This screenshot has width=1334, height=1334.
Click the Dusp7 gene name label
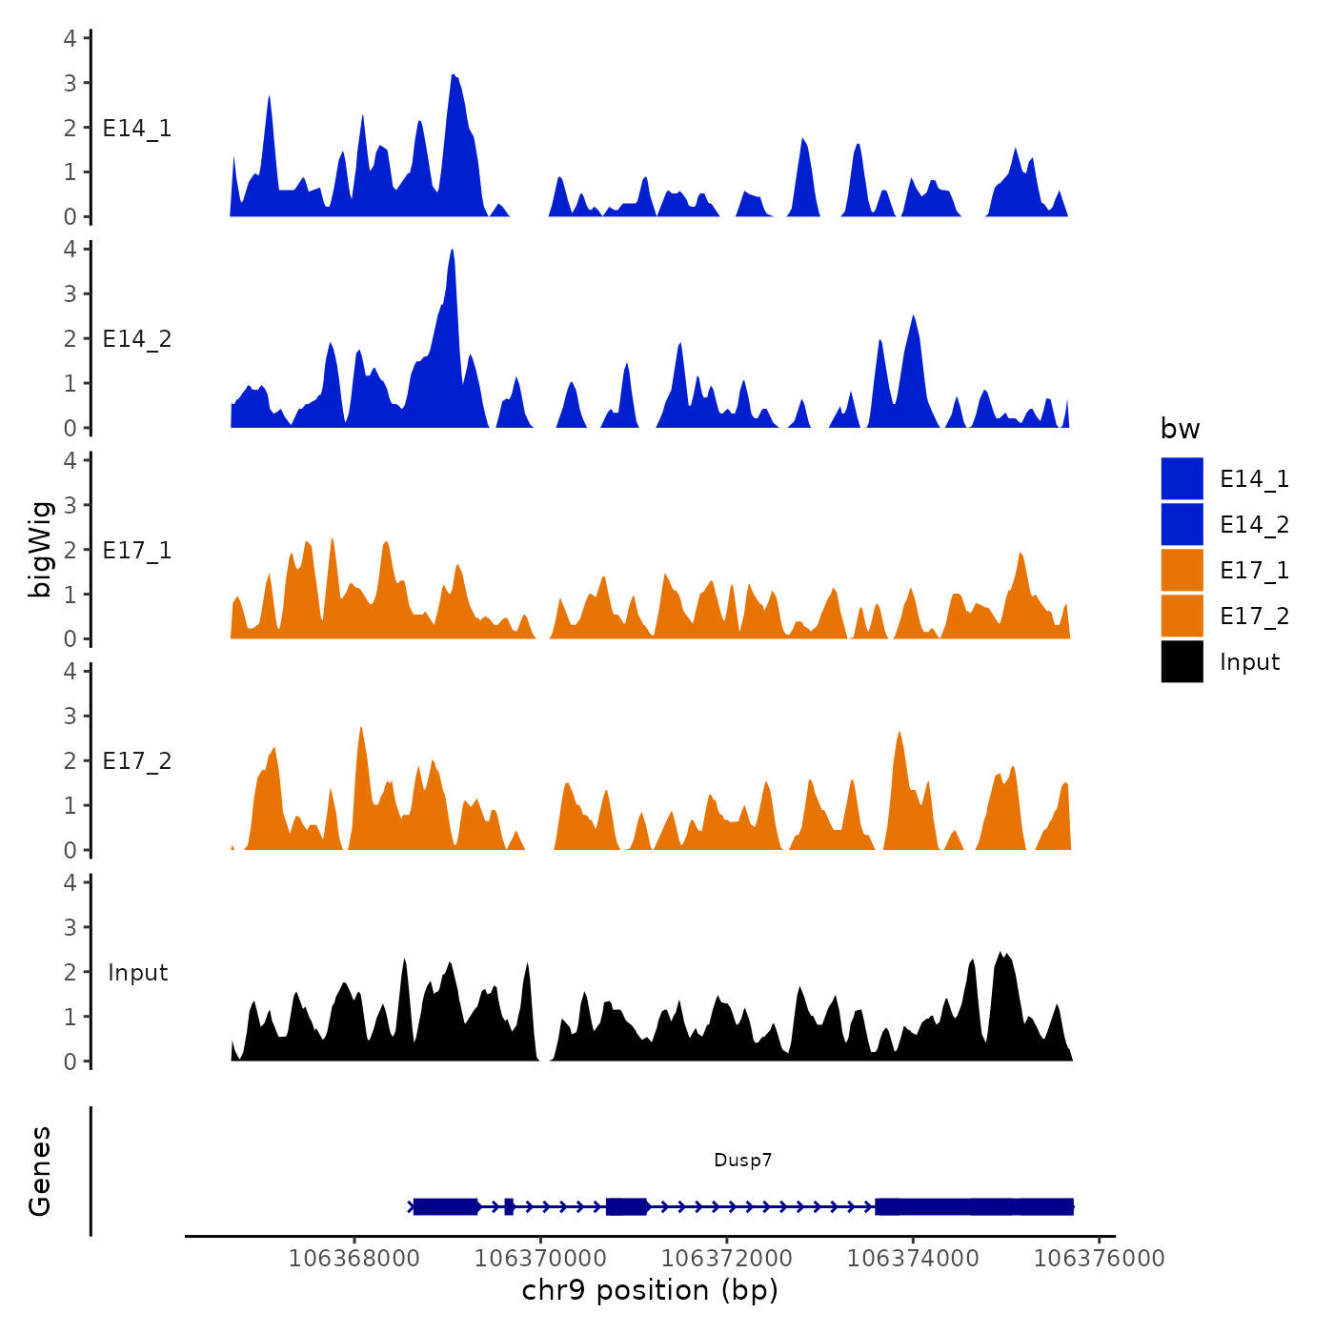(x=742, y=1160)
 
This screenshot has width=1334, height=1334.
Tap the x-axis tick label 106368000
(x=354, y=1259)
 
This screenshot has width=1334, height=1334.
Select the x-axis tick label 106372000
(x=726, y=1259)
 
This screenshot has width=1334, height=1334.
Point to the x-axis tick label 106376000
(x=1099, y=1259)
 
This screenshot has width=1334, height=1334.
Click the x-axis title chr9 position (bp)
(x=650, y=1290)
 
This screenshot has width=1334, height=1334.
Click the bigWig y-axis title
(x=40, y=550)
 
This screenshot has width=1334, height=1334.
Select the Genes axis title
(x=40, y=1171)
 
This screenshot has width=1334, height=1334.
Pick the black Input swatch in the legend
(x=1182, y=661)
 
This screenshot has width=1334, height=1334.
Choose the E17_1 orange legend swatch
(x=1182, y=570)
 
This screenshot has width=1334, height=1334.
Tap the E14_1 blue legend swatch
(x=1182, y=478)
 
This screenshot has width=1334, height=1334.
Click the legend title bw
(x=1180, y=429)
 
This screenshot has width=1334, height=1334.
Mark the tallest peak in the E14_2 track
(x=452, y=251)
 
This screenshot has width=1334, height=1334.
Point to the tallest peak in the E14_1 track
(x=454, y=75)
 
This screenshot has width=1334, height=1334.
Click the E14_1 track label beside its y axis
(x=137, y=129)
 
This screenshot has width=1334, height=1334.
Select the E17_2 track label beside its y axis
(x=137, y=761)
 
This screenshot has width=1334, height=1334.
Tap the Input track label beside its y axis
(x=137, y=973)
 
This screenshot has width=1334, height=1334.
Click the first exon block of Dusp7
(x=445, y=1206)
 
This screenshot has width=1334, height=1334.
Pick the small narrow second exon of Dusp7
(x=509, y=1206)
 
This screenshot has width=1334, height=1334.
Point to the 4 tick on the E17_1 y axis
(x=70, y=460)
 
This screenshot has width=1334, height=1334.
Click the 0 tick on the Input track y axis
(x=70, y=1061)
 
